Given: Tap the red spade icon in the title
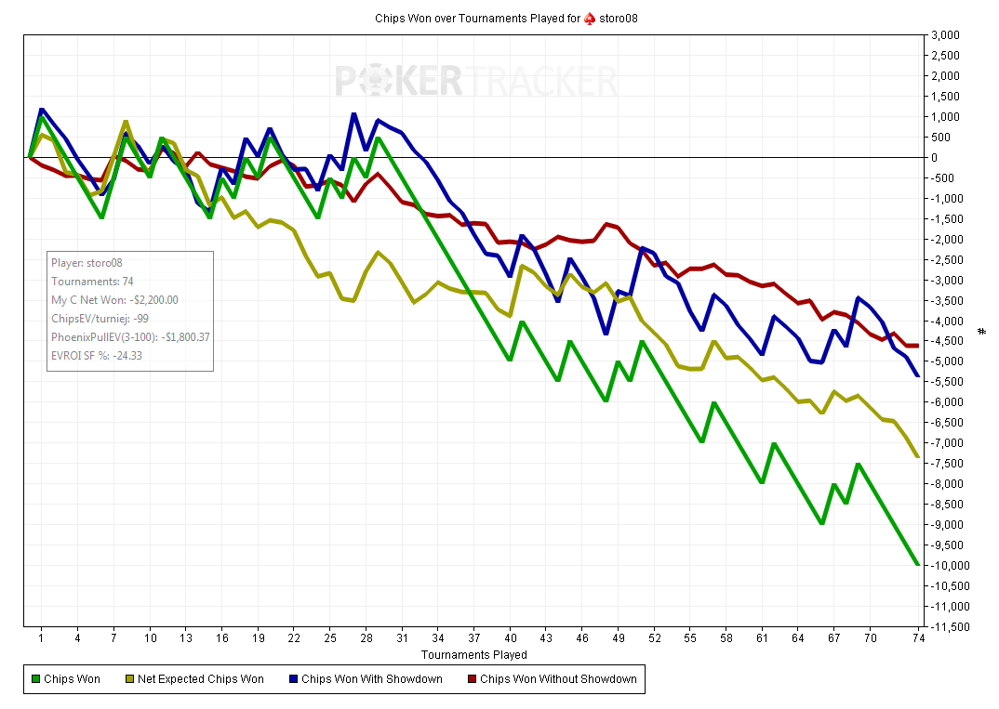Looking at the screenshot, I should coord(589,18).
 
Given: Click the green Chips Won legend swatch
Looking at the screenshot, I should coord(36,679).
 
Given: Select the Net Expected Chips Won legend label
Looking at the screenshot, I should coord(200,679).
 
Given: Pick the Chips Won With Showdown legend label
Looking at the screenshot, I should coord(371,679).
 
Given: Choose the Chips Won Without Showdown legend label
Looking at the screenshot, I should coord(558,679).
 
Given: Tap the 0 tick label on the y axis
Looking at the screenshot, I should coord(934,158).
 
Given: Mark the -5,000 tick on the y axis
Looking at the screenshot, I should coord(948,361).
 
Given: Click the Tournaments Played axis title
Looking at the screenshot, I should coord(473,655).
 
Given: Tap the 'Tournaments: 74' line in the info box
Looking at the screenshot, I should coord(92,281).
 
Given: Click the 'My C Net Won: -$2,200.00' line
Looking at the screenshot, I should coord(114,299).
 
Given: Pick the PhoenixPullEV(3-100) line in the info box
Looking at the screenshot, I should coord(130,336).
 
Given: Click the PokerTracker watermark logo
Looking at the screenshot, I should coord(476,82).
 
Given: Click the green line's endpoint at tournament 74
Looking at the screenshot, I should coord(918,565).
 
